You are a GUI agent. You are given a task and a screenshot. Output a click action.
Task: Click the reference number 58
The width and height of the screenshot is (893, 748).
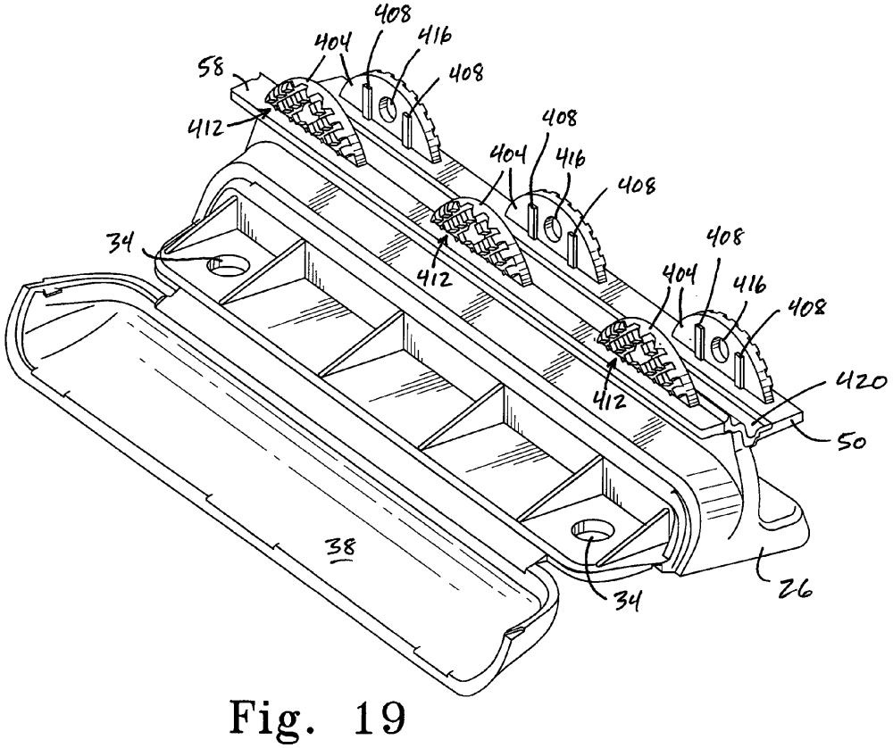tap(210, 70)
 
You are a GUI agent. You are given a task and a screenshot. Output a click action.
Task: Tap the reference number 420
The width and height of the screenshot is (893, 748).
tap(862, 384)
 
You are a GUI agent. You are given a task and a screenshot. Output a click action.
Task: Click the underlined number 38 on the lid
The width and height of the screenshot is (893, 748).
tap(340, 548)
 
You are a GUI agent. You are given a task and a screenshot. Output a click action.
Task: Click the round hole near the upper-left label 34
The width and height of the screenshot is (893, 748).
tap(226, 264)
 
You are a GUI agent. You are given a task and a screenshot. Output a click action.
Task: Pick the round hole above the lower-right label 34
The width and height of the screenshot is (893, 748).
tap(592, 530)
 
